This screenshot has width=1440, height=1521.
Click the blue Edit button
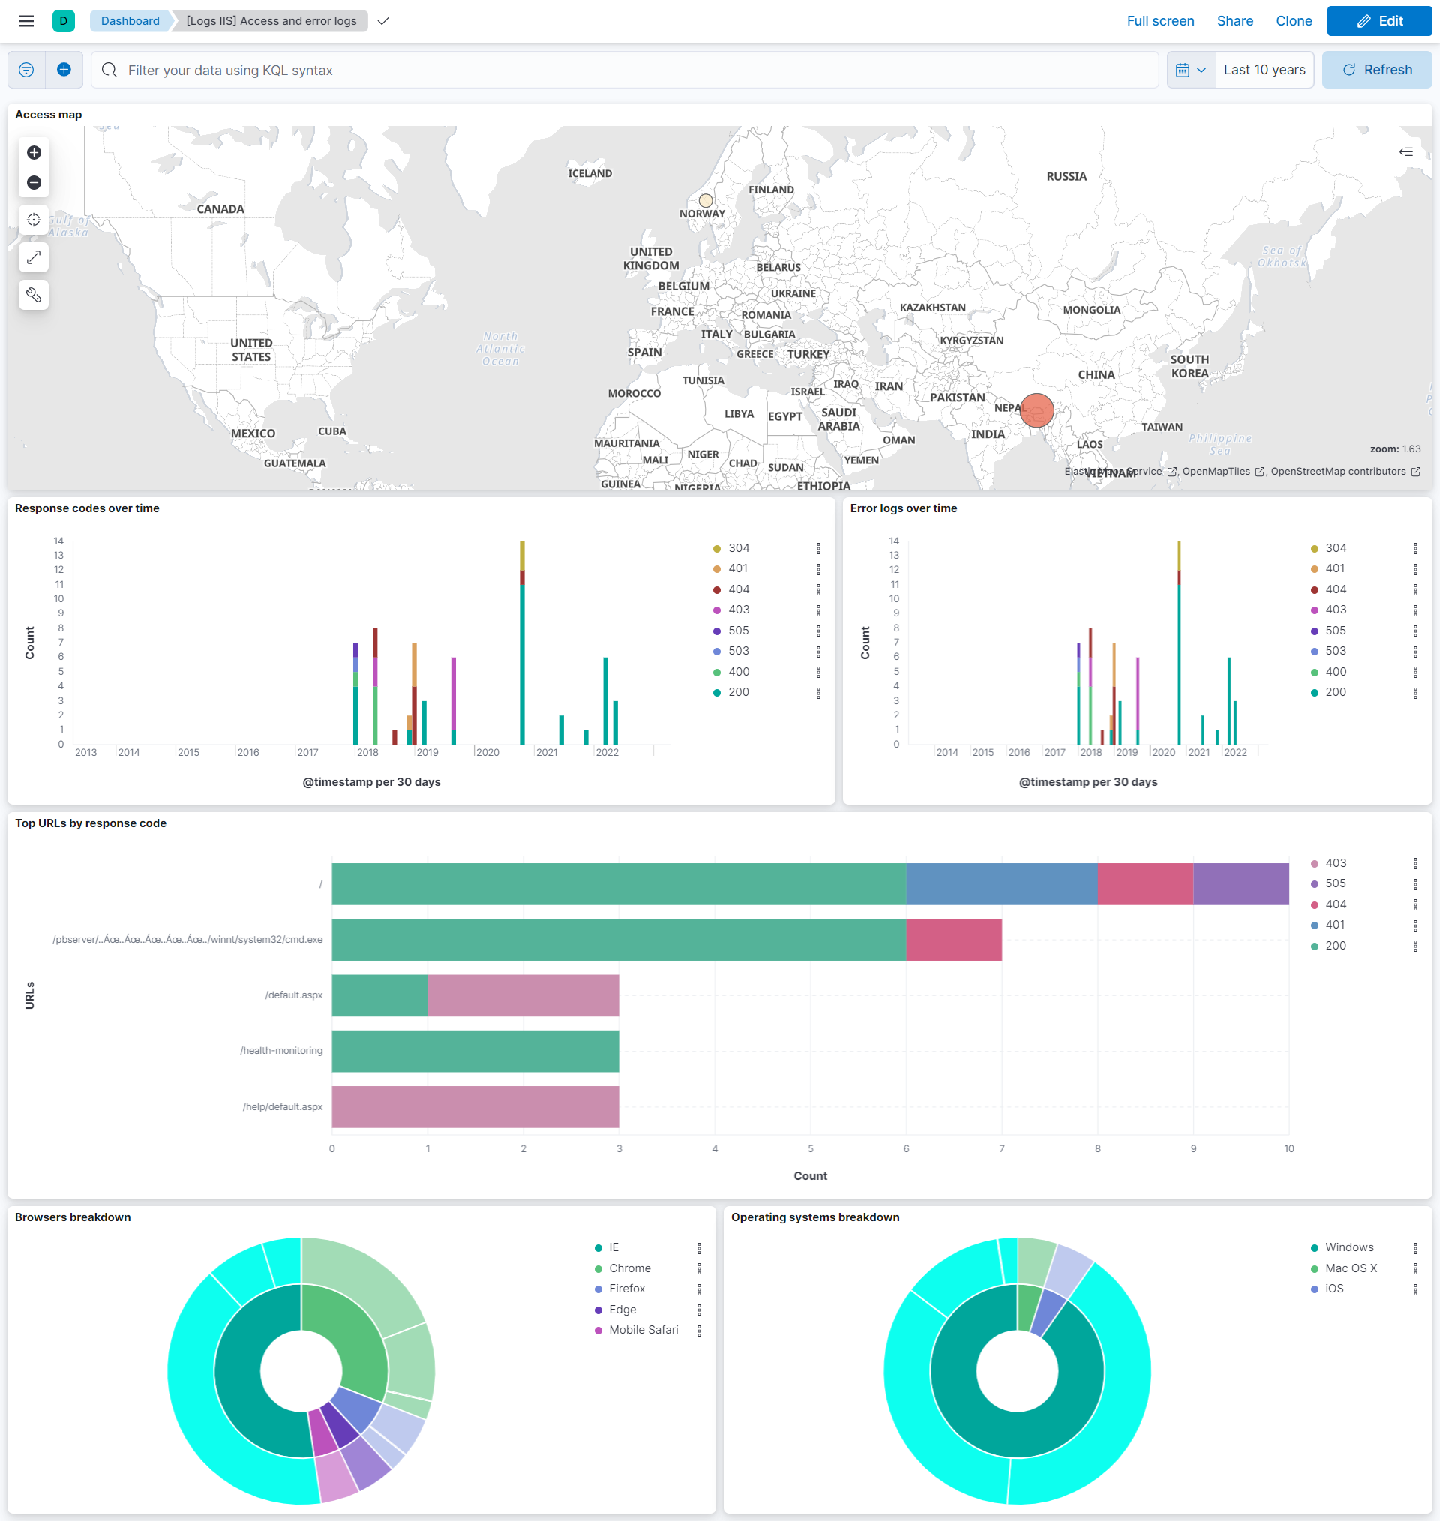(1378, 21)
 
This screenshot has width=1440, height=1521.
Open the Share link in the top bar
(1234, 21)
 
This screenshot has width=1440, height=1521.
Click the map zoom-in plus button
(34, 153)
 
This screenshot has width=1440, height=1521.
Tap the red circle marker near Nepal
(1036, 409)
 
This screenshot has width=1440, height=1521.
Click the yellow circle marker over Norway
(706, 200)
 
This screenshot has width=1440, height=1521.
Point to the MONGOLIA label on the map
(1090, 310)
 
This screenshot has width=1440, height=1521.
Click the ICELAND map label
(589, 173)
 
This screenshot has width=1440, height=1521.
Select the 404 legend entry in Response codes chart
(738, 589)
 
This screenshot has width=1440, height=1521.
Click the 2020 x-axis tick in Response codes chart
(487, 752)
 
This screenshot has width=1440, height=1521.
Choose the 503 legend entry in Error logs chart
(1335, 651)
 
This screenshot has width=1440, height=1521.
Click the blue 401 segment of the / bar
(1001, 884)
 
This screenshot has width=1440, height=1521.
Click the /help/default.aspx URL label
(282, 1106)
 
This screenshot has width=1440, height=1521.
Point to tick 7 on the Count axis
(1001, 1148)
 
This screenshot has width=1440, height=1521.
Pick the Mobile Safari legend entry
(643, 1330)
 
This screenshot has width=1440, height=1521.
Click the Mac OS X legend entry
(1350, 1267)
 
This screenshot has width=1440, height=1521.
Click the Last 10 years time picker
(1264, 70)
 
